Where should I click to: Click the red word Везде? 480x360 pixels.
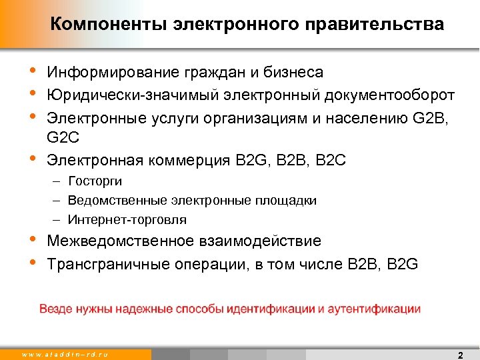pyautogui.click(x=55, y=309)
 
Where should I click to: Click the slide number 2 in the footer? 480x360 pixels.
pyautogui.click(x=460, y=354)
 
